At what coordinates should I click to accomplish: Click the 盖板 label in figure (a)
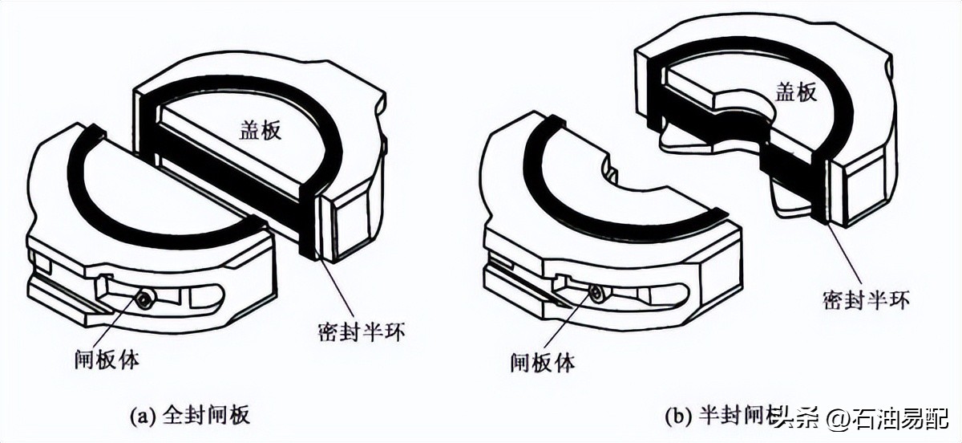pyautogui.click(x=261, y=131)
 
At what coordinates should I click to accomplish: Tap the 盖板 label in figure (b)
pyautogui.click(x=796, y=92)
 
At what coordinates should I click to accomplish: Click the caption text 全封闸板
pyautogui.click(x=206, y=415)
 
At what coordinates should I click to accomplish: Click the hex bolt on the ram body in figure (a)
pyautogui.click(x=143, y=300)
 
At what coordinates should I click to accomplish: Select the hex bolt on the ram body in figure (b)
pyautogui.click(x=596, y=294)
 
